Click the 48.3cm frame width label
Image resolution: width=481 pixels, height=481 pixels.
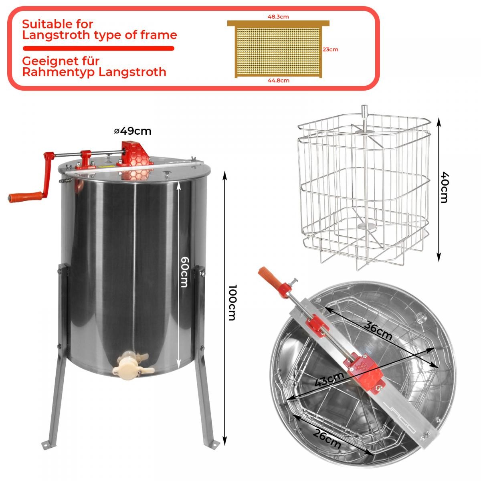coord(278,17)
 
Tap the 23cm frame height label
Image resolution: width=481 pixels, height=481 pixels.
coord(330,49)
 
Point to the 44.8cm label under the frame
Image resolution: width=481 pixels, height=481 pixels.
coord(278,81)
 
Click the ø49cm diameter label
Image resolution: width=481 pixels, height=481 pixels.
coord(133,131)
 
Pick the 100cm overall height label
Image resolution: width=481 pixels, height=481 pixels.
coord(232,303)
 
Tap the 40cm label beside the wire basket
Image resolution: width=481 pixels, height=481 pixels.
coord(445,187)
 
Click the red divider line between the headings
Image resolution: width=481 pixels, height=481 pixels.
coord(99,48)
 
